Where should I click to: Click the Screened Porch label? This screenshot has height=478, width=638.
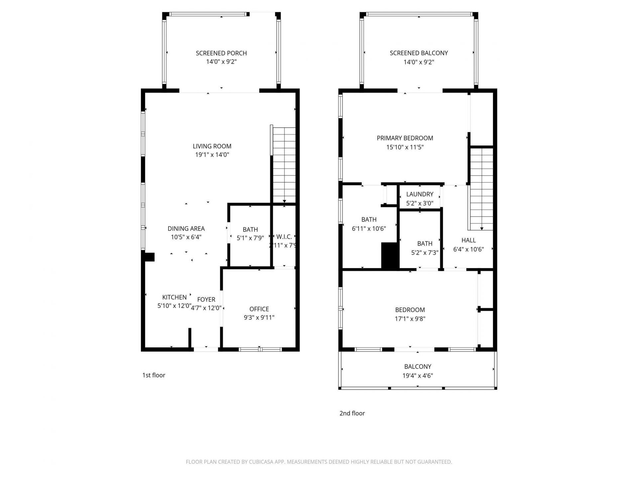pyautogui.click(x=221, y=53)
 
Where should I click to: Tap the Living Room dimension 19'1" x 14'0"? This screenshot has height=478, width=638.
pyautogui.click(x=212, y=155)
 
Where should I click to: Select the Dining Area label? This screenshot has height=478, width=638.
pyautogui.click(x=186, y=228)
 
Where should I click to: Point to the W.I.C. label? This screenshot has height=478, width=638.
pyautogui.click(x=284, y=237)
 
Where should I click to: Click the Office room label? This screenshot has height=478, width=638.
pyautogui.click(x=259, y=309)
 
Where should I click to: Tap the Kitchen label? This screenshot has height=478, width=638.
pyautogui.click(x=174, y=297)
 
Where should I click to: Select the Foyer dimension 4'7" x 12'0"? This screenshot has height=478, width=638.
pyautogui.click(x=206, y=308)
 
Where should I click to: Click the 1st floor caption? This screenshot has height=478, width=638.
pyautogui.click(x=154, y=375)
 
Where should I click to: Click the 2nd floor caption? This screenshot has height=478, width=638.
pyautogui.click(x=352, y=413)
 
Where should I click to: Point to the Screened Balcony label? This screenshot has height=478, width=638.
pyautogui.click(x=418, y=53)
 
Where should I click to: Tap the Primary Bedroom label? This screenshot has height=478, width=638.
pyautogui.click(x=405, y=138)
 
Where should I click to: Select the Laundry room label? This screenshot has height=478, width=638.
pyautogui.click(x=420, y=194)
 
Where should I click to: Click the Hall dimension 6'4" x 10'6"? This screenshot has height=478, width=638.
pyautogui.click(x=468, y=249)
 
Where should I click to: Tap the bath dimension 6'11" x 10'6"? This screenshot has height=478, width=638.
pyautogui.click(x=369, y=228)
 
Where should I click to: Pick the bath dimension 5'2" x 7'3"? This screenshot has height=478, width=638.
pyautogui.click(x=425, y=253)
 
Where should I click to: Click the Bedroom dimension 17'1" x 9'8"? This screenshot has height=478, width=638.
pyautogui.click(x=410, y=319)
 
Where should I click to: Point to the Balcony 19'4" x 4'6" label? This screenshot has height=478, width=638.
pyautogui.click(x=417, y=367)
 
